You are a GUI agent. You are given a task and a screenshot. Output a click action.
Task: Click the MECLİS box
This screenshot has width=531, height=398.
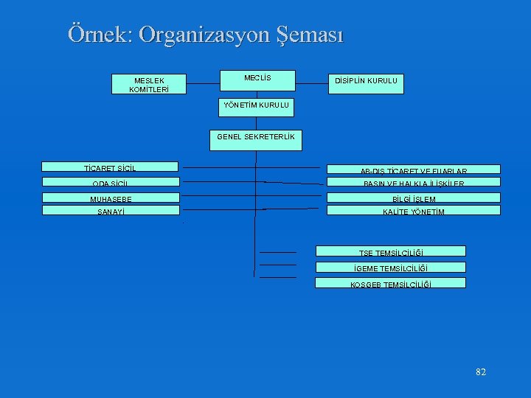257,80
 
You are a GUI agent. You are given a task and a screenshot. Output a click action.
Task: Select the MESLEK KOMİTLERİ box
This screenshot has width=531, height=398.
148,84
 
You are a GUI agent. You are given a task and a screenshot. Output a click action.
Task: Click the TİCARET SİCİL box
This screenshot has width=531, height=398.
110,167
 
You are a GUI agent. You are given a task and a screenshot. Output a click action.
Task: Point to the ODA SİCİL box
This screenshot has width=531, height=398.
110,182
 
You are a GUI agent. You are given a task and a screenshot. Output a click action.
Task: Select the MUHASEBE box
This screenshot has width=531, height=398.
110,198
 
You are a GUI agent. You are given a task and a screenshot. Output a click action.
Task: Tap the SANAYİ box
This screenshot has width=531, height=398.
110,210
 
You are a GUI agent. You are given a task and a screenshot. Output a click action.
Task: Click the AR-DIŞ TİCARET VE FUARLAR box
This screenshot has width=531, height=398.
413,169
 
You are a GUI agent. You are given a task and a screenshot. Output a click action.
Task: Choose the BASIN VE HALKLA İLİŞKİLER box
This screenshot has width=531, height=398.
413,182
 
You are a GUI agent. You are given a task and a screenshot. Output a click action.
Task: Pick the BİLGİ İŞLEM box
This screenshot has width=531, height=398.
413,198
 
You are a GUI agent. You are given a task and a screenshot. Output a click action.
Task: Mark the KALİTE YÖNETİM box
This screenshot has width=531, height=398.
413,210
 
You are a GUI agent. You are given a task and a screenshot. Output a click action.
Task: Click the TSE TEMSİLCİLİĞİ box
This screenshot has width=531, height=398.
391,251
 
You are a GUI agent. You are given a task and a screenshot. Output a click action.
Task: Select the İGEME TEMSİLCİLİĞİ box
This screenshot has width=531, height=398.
391,267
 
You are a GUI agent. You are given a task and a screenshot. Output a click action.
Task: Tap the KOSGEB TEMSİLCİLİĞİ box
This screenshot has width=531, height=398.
391,282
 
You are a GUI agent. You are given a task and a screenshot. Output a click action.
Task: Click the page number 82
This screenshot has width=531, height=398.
481,372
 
